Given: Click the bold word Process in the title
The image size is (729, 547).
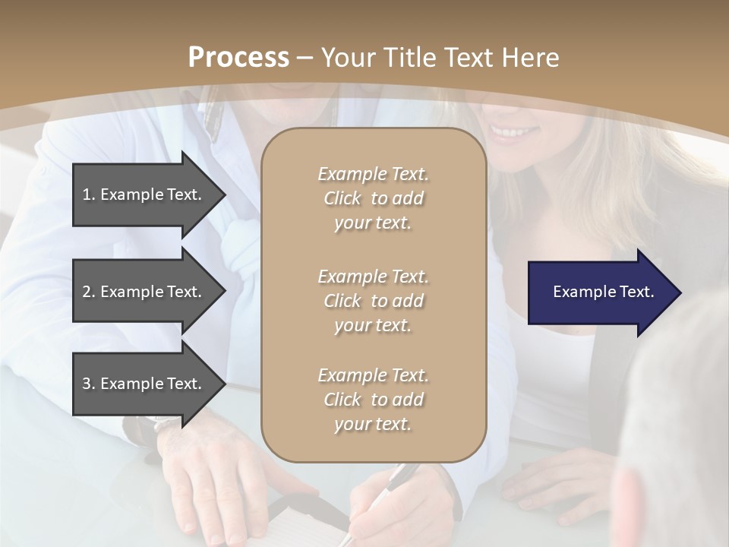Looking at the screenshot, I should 238,58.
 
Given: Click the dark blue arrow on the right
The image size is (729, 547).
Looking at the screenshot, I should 600,292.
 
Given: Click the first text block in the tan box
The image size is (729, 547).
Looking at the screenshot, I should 373,198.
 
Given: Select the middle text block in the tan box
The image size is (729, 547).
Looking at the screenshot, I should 373,300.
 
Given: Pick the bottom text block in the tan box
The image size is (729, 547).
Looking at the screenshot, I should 373,399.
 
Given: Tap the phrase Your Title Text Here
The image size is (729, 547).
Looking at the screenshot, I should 440,58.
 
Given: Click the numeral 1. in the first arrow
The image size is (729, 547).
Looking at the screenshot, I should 88,194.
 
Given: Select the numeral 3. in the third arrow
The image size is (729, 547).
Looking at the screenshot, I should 88,384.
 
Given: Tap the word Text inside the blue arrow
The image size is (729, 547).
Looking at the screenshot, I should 636,292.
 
